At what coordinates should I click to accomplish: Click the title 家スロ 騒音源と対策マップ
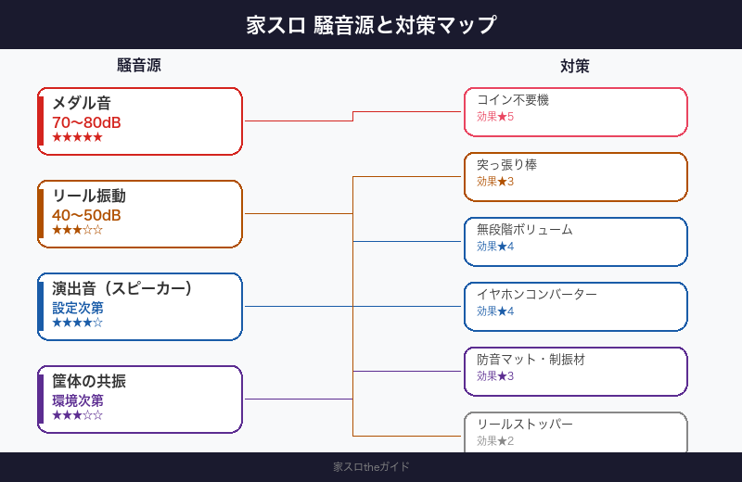tap(371, 25)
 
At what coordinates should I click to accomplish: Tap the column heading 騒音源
tap(139, 66)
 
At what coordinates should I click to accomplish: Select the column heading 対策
tap(575, 66)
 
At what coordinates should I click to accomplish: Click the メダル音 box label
tap(82, 103)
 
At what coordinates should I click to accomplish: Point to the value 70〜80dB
tap(86, 122)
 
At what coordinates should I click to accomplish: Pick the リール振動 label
tap(89, 196)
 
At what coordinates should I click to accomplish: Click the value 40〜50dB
tap(86, 215)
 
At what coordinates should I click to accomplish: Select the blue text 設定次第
tap(78, 308)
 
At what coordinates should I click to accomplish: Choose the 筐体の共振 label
tap(89, 381)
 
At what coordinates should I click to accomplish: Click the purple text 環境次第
tap(78, 400)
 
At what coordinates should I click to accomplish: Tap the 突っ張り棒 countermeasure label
tap(506, 165)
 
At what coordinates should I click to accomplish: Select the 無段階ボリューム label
tap(525, 230)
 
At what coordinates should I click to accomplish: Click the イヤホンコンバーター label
tap(537, 295)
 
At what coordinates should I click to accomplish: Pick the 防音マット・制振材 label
tap(531, 360)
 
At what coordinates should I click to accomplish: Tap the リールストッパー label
tap(525, 425)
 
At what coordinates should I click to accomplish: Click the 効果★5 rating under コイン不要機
tap(495, 117)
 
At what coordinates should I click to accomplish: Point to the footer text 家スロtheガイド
tap(371, 467)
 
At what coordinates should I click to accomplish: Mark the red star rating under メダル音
tap(77, 137)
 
